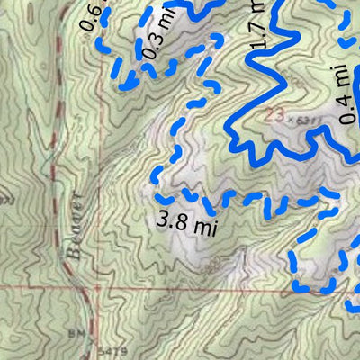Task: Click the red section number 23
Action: point(275,115)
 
